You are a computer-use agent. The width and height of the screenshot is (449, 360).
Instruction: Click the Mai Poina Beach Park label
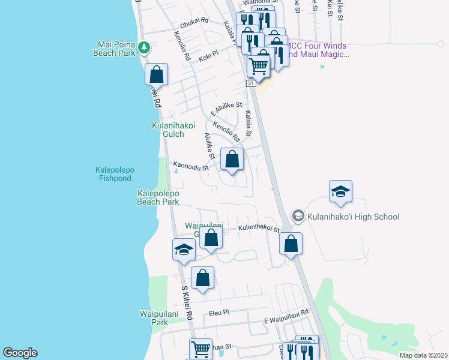point(116,48)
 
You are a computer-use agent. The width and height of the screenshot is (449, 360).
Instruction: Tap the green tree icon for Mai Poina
point(143,47)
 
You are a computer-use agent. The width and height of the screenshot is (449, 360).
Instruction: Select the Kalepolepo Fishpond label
point(115,174)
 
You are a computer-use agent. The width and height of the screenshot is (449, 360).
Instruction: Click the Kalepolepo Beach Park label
point(158,197)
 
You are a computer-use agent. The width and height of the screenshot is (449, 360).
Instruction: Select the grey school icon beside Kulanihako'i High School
point(297,215)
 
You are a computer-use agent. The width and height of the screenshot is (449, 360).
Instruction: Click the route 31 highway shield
point(251,84)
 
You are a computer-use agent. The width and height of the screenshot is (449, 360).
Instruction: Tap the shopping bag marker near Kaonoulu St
point(232,160)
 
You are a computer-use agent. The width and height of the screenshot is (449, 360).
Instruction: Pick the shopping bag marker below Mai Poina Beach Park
point(156,75)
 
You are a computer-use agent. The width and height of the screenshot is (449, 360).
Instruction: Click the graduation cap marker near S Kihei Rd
point(184,250)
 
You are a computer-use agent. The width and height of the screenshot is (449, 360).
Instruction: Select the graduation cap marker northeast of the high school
point(340,192)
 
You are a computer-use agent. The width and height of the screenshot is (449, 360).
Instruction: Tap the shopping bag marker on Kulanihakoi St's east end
point(291,244)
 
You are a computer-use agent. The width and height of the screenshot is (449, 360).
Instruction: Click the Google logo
point(20,353)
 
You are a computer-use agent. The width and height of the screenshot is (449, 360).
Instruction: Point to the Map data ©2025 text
point(423,355)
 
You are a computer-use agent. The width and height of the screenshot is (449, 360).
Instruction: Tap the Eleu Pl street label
point(219,313)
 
